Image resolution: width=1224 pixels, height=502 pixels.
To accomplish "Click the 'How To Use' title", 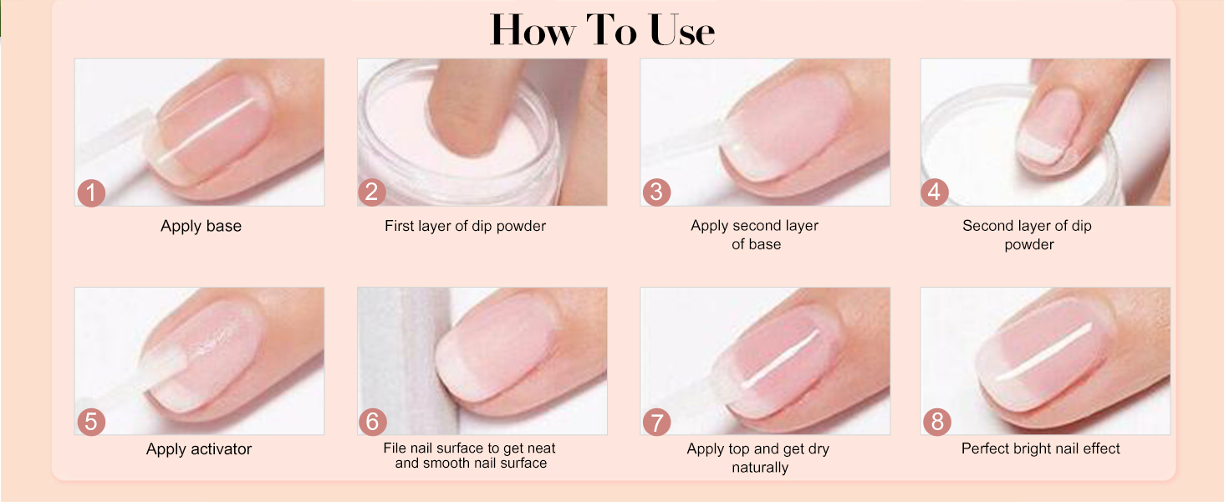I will click(602, 31).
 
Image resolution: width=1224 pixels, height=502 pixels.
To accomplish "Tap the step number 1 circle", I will click(90, 192).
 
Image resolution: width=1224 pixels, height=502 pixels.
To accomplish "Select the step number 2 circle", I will click(372, 192).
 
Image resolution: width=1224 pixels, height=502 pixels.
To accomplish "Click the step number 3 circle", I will click(655, 192).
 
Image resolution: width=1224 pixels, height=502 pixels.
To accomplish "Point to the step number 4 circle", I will click(935, 192).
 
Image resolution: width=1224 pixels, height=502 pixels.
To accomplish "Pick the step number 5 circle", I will click(90, 422).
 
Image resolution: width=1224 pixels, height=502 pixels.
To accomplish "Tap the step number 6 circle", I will click(372, 422).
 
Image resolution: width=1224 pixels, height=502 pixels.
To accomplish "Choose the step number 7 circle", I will click(655, 422).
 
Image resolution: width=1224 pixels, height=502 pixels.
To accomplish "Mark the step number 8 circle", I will click(936, 422).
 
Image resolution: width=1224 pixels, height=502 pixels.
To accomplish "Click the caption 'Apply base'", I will click(201, 226).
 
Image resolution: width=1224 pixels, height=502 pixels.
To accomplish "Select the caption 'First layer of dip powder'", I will click(465, 226).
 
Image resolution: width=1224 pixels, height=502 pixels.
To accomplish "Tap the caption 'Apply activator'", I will click(199, 449).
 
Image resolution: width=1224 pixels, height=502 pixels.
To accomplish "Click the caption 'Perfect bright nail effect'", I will click(1040, 448).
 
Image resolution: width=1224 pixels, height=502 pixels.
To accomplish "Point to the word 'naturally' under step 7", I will click(759, 468).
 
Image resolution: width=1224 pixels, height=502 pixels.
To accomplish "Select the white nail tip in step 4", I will click(1037, 151).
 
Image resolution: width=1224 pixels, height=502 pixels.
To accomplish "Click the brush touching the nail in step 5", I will click(159, 372).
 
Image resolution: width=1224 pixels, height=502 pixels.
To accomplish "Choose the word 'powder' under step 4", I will click(1028, 244).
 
